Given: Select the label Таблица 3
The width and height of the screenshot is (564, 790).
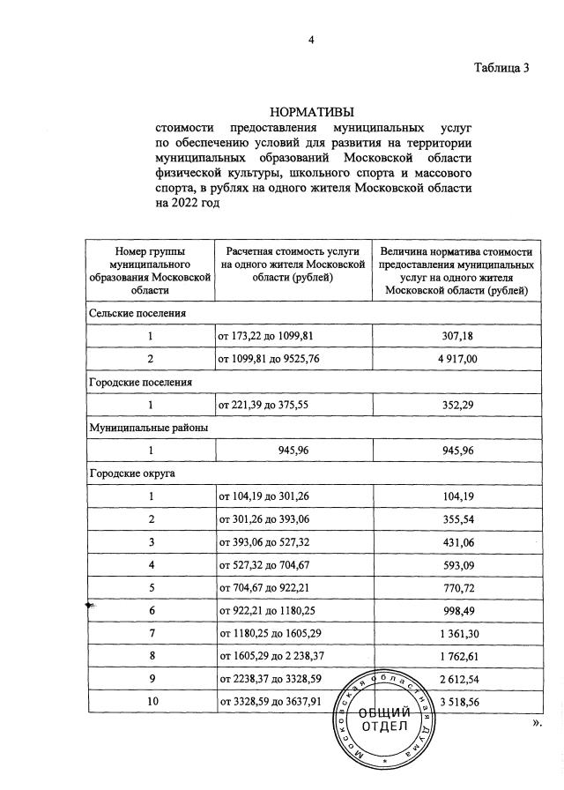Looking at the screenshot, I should click(501, 69).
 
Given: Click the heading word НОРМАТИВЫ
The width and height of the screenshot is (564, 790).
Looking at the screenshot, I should click(313, 112).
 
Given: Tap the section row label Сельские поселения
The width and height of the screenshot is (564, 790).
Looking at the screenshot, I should click(137, 312).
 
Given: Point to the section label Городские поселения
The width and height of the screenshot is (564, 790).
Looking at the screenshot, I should click(140, 382).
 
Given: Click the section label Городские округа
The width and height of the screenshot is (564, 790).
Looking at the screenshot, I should click(132, 473).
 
